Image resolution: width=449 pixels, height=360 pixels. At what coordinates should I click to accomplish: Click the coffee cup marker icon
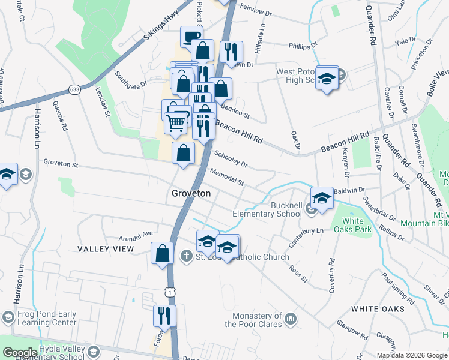click(191, 36)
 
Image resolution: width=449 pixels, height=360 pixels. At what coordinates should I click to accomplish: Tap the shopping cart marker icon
click(176, 122)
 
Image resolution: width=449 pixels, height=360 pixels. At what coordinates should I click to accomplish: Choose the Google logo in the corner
click(19, 352)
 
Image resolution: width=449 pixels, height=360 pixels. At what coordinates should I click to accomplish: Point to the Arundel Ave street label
click(136, 234)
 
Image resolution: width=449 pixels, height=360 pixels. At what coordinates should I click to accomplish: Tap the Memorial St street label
click(227, 177)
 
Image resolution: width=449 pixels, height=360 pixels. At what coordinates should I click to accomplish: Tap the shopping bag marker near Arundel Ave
click(162, 253)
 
